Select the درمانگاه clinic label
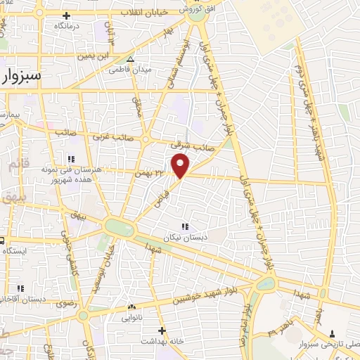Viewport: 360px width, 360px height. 67,25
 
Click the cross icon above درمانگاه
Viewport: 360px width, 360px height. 67,15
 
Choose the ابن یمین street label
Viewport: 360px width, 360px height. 94,54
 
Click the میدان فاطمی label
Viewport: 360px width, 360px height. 131,70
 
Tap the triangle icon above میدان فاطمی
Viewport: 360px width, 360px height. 131,59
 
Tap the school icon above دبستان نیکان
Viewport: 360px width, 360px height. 185,226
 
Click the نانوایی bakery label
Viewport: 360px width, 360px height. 131,317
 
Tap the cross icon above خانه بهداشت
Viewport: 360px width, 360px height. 162,330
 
